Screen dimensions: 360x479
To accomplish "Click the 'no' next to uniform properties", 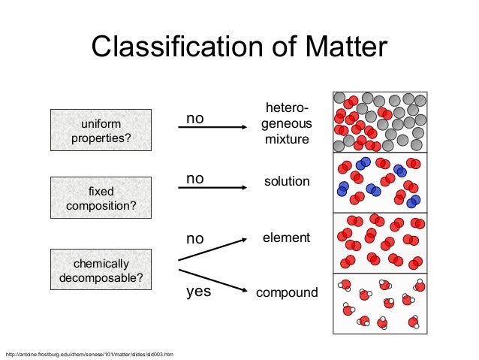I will (x=195, y=119).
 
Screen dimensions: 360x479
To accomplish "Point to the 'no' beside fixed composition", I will (x=195, y=178).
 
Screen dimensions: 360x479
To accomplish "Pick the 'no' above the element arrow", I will (x=195, y=239).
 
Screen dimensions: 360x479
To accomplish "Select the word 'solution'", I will (x=287, y=183).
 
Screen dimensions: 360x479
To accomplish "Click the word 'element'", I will (x=285, y=237).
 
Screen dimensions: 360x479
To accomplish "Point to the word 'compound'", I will (x=287, y=292).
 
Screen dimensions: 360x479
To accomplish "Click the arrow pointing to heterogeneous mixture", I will (x=213, y=129).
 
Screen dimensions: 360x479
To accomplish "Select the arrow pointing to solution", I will (x=213, y=187).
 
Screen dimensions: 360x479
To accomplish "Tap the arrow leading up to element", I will (x=213, y=250).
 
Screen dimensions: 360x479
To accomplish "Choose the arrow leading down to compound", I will (x=213, y=278).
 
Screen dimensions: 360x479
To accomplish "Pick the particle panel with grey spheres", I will (x=378, y=122).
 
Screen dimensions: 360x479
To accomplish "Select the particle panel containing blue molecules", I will (x=378, y=182).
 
